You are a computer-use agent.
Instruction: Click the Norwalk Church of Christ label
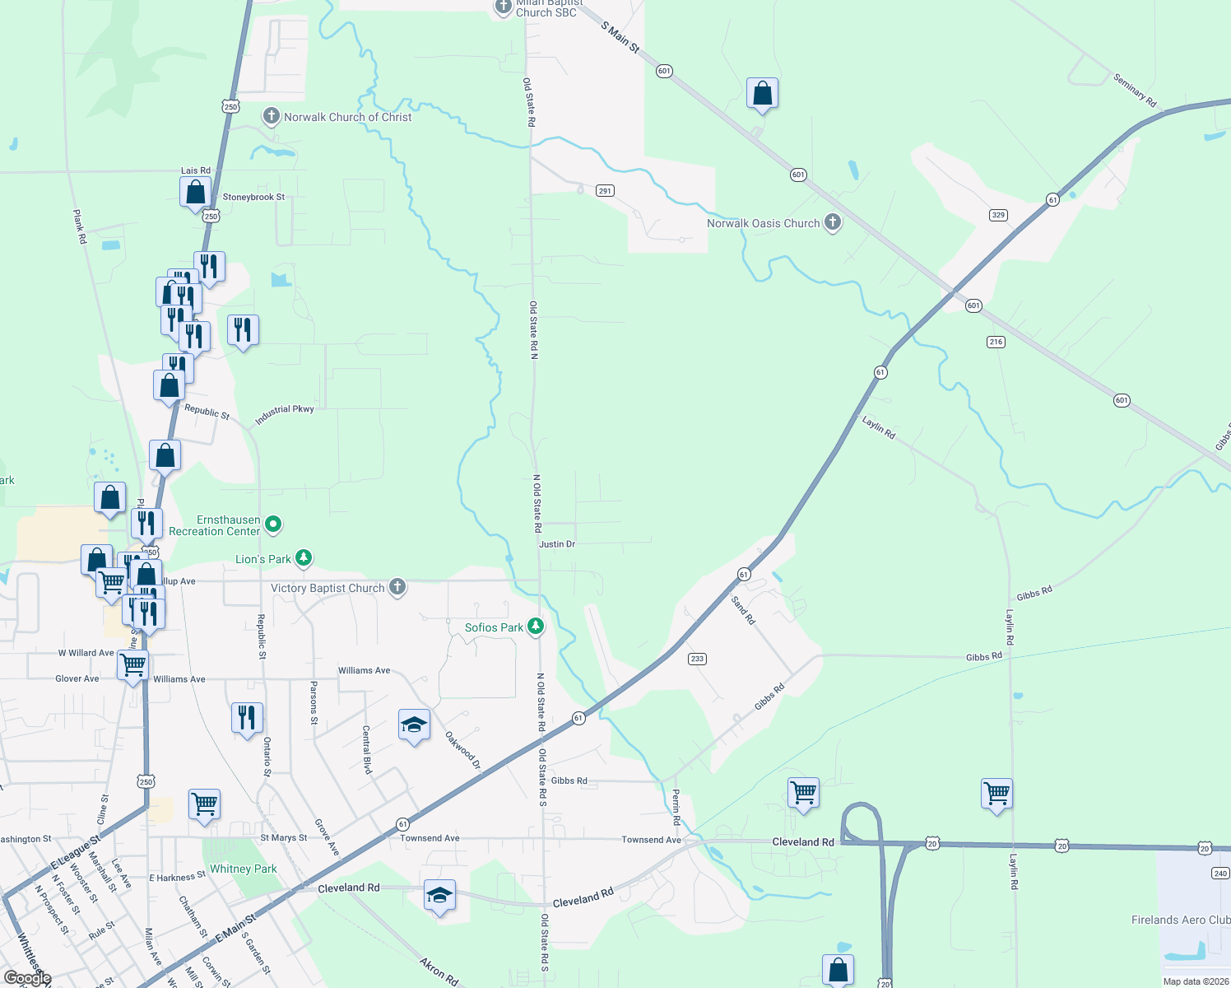[x=347, y=117]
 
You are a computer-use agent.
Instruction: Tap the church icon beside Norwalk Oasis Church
[x=833, y=222]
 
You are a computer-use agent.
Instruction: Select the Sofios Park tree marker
[x=536, y=627]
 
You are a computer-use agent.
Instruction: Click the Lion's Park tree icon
[x=304, y=559]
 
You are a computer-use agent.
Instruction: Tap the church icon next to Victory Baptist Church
[x=397, y=587]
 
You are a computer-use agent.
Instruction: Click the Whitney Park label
[x=244, y=869]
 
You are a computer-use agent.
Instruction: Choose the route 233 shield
[x=697, y=659]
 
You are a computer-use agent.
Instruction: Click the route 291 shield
[x=605, y=191]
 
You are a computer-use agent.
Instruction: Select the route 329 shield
[x=998, y=215]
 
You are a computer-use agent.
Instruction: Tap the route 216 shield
[x=996, y=342]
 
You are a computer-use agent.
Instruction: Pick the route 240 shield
[x=1220, y=874]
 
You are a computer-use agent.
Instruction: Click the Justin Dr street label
[x=557, y=544]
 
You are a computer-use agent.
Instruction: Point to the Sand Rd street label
[x=743, y=610]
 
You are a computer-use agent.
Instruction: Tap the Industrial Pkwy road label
[x=284, y=414]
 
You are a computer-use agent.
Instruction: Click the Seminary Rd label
[x=1135, y=91]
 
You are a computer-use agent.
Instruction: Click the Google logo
[x=27, y=978]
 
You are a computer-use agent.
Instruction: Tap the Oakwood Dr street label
[x=462, y=750]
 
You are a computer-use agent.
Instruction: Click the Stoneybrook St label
[x=253, y=198]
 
